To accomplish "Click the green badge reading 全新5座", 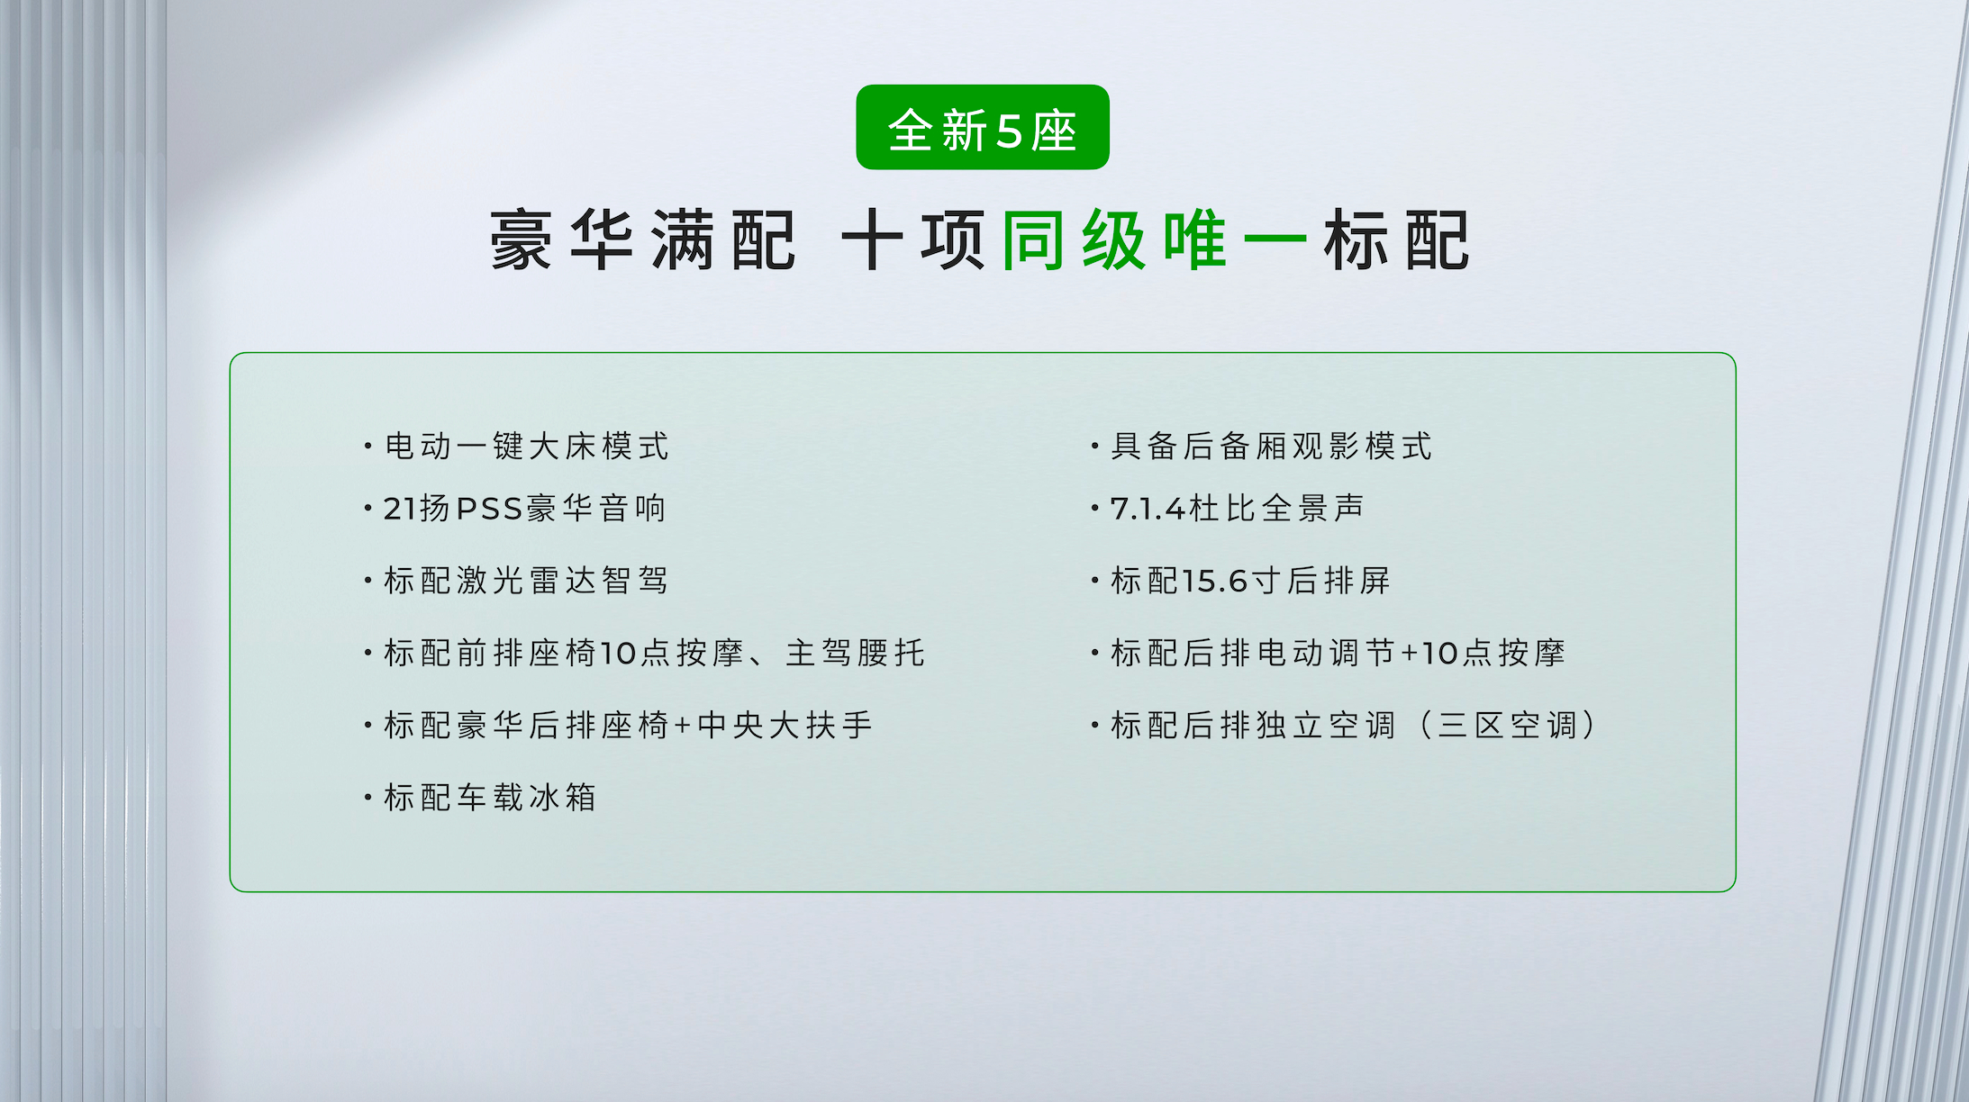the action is [x=983, y=127].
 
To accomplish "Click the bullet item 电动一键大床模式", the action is [x=526, y=446].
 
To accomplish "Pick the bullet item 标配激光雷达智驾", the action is [x=526, y=581].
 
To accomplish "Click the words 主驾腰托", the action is [x=855, y=653].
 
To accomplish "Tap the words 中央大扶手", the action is [x=785, y=725].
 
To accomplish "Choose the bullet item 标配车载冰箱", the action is [x=490, y=797].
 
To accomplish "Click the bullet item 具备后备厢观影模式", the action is [x=1271, y=446].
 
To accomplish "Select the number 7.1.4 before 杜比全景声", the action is [x=1148, y=510].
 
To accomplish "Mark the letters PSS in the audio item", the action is [x=489, y=510].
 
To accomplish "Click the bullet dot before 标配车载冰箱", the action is [x=368, y=797].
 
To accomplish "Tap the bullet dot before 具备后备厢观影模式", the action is [x=1094, y=446].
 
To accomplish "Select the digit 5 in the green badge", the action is [x=1009, y=131].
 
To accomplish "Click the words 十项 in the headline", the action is [x=912, y=239].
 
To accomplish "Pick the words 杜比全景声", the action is [x=1276, y=509].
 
